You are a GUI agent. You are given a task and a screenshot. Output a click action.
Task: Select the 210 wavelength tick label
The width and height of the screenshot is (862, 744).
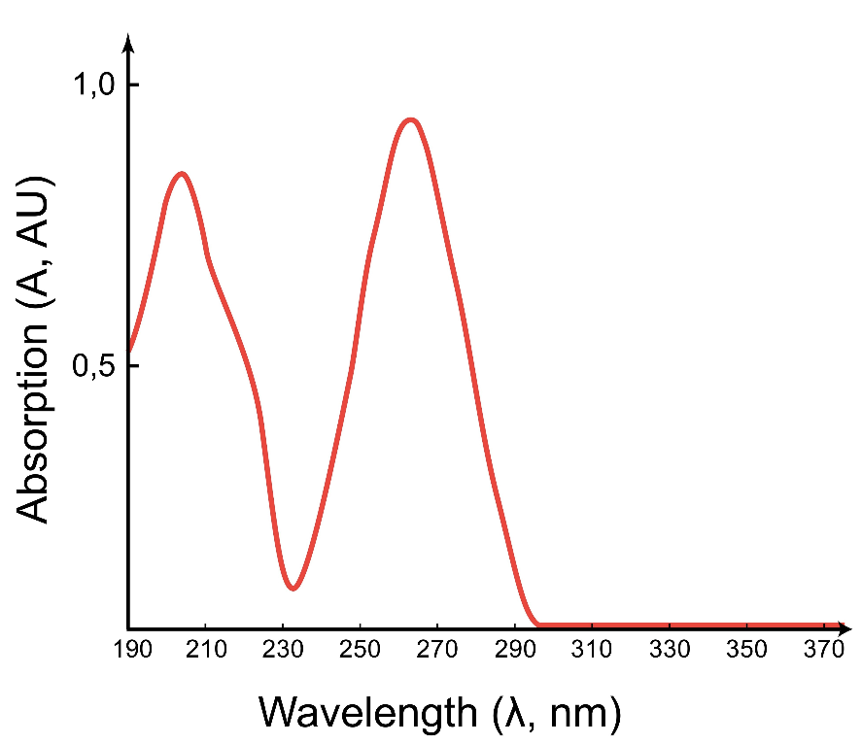click(206, 649)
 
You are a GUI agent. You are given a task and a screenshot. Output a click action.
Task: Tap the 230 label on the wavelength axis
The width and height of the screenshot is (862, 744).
click(284, 649)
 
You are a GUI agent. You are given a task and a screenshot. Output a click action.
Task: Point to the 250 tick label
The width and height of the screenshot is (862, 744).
click(361, 649)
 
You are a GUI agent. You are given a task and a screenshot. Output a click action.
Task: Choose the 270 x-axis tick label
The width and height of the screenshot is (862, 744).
click(437, 649)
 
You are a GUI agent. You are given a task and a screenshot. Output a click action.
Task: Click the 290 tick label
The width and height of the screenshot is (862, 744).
click(514, 649)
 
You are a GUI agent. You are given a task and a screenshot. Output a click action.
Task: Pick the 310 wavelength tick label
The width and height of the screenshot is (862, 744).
click(591, 649)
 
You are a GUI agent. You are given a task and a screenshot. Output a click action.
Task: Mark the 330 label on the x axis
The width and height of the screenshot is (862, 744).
click(668, 649)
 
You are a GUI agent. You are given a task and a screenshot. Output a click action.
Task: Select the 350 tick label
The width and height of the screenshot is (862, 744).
click(745, 649)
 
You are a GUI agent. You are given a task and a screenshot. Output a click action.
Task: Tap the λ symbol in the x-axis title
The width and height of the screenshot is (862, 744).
click(512, 714)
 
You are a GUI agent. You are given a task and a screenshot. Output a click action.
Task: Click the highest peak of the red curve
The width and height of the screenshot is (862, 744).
click(412, 119)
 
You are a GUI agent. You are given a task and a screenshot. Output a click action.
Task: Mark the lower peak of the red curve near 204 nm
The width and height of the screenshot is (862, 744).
click(181, 174)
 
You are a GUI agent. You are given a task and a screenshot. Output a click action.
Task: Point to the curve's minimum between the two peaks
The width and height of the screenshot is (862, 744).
click(293, 588)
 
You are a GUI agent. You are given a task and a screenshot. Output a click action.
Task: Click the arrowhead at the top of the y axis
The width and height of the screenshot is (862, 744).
click(128, 43)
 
